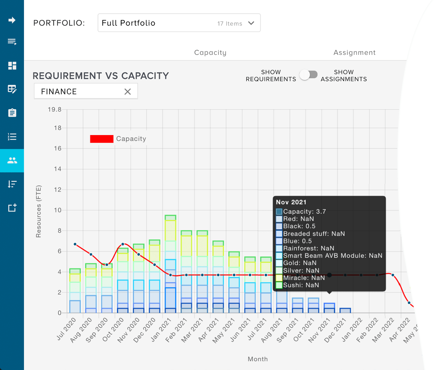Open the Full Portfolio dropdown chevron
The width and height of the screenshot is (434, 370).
click(251, 23)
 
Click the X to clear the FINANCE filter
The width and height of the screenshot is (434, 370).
click(128, 92)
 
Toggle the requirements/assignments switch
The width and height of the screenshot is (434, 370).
click(309, 75)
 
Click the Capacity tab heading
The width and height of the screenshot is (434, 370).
click(210, 53)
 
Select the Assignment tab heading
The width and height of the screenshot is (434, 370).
click(354, 53)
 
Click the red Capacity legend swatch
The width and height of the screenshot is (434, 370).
click(102, 139)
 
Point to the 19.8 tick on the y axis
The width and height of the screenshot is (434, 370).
click(55, 109)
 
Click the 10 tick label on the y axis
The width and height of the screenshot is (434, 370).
click(58, 210)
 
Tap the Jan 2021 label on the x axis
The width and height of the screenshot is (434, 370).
click(161, 330)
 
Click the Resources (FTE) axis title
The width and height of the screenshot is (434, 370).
click(39, 211)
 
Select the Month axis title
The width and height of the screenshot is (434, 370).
click(258, 359)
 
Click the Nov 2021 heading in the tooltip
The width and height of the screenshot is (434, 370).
click(291, 202)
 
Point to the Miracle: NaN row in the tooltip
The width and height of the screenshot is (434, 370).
click(304, 278)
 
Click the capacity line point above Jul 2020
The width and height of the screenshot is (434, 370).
click(75, 244)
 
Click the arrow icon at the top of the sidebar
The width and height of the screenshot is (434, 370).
click(12, 20)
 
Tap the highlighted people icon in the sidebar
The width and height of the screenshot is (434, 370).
click(12, 161)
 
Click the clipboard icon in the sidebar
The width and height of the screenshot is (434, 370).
click(12, 113)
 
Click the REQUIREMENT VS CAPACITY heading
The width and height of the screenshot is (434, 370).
click(101, 76)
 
